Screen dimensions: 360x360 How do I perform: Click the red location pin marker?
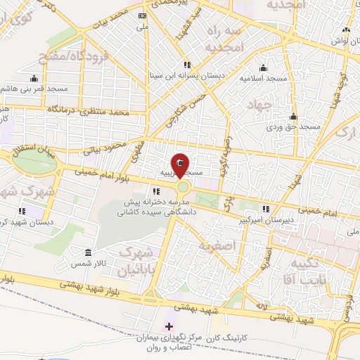pyautogui.click(x=181, y=165)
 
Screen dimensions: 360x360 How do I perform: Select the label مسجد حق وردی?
pyautogui.click(x=289, y=129)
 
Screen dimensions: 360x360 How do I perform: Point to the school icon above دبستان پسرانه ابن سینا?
pyautogui.click(x=186, y=63)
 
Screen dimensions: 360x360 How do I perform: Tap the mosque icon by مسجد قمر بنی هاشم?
pyautogui.click(x=34, y=78)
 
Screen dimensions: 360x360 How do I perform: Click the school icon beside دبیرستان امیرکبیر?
pyautogui.click(x=266, y=209)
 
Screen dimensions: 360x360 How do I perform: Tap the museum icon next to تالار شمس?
pyautogui.click(x=88, y=252)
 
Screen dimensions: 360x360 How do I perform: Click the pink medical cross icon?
pyautogui.click(x=169, y=326)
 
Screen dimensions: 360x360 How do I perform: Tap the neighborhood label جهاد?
pyautogui.click(x=259, y=104)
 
